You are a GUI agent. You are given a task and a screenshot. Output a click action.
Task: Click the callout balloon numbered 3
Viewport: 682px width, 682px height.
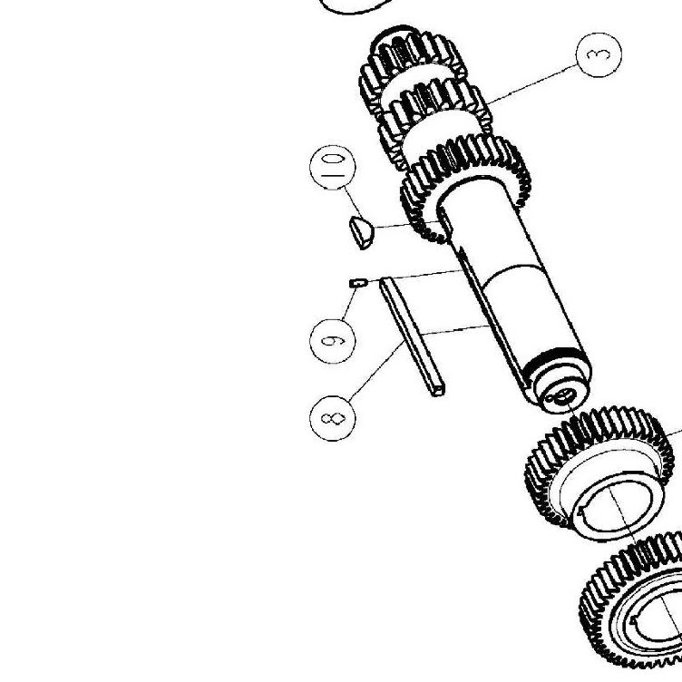599,54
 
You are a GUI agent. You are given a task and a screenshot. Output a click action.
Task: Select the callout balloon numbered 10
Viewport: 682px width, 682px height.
332,168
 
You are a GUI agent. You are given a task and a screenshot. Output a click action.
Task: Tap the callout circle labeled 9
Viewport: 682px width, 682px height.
332,341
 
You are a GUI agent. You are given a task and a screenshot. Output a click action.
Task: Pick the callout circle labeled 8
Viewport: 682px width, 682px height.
332,418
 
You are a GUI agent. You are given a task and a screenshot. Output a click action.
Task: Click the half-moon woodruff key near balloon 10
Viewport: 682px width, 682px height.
362,232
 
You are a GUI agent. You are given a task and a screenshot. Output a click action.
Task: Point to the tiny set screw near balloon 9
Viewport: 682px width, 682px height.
358,283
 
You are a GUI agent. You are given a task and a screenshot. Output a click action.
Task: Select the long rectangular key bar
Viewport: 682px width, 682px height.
411,336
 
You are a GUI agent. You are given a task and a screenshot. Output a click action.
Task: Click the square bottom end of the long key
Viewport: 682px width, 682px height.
438,389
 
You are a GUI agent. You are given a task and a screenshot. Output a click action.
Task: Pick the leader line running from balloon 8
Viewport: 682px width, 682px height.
376,370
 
